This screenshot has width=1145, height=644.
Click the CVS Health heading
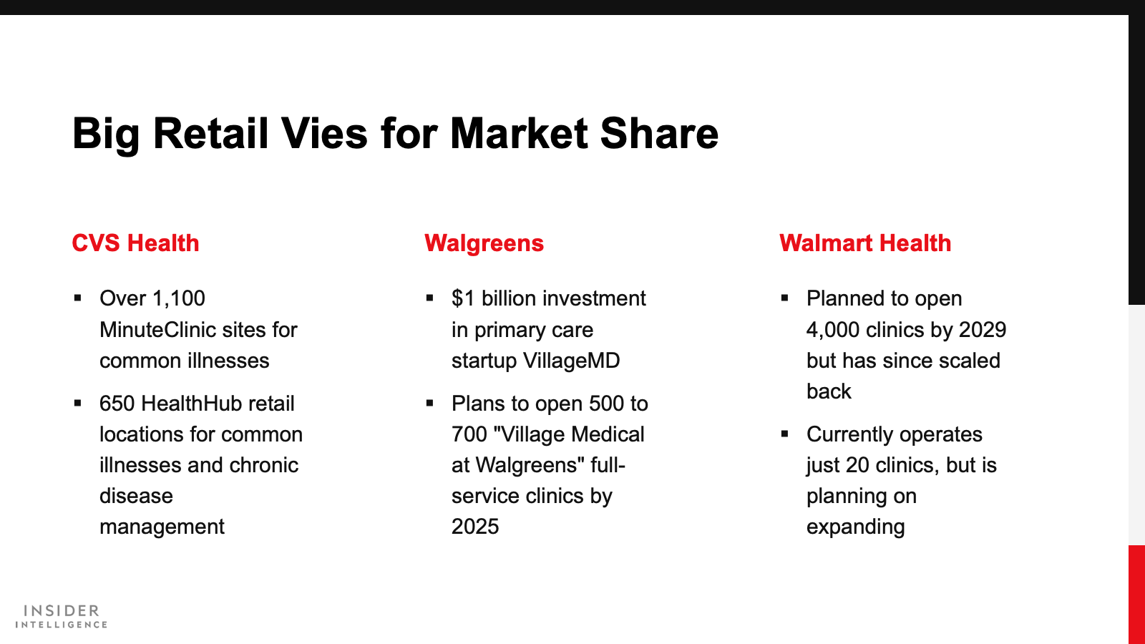point(135,243)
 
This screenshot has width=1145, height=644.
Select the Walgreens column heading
point(484,244)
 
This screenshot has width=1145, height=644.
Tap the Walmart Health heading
point(865,243)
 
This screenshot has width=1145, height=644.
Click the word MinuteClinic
point(157,330)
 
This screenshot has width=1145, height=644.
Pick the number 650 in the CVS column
point(117,404)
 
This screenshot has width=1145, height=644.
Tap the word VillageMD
point(571,361)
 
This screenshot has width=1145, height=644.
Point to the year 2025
point(475,527)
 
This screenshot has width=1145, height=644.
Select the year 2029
point(983,330)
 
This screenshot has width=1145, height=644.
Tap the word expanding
point(856,527)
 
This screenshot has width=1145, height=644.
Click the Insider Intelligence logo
point(62,616)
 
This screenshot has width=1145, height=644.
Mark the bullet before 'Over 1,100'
point(78,298)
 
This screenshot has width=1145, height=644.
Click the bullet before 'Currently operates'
point(784,434)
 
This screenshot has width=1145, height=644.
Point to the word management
point(162,527)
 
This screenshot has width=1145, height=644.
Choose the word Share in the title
point(659,133)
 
